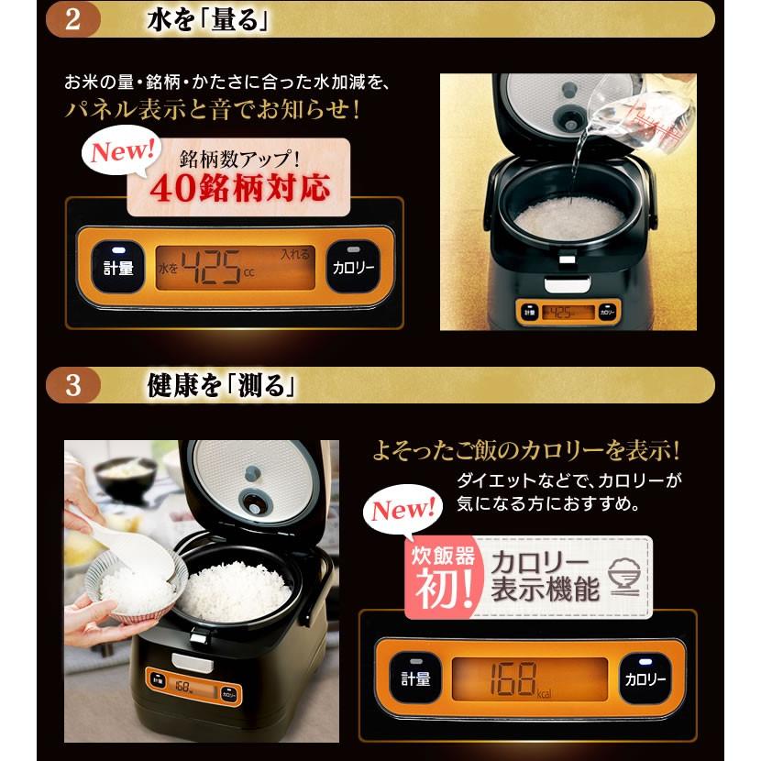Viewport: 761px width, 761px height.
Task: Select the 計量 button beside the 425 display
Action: click(118, 268)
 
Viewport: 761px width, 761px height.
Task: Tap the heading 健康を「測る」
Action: click(221, 386)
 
